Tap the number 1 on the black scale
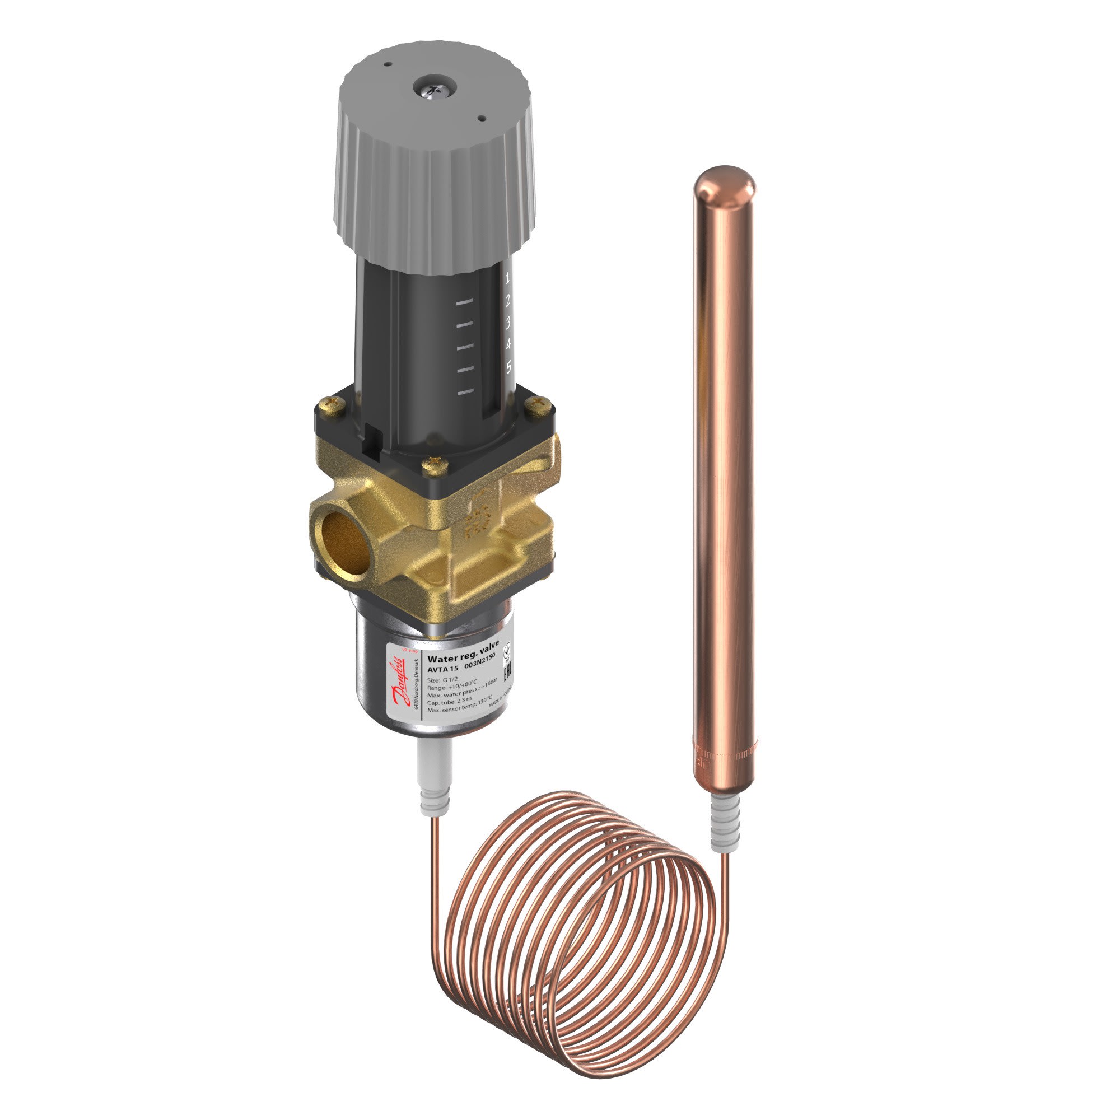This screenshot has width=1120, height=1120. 508,279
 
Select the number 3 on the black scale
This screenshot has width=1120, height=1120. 508,323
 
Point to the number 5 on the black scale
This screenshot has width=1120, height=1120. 508,367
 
